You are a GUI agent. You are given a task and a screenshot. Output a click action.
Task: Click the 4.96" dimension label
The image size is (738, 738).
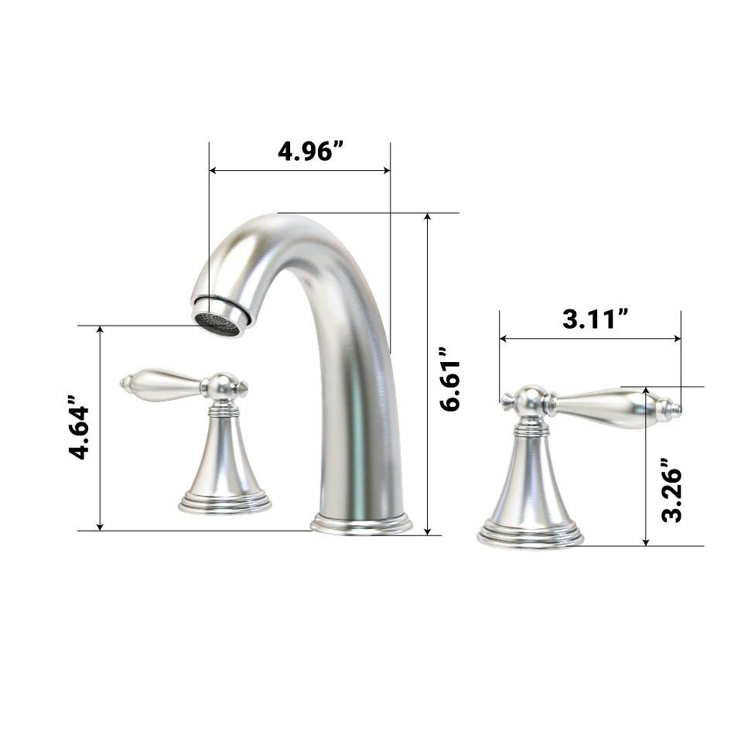309,150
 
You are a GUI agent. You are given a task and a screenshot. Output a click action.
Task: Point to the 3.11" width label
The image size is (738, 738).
594,319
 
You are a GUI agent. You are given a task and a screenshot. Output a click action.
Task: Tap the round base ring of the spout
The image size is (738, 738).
360,523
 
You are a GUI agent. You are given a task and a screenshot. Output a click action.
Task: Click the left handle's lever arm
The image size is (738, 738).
163,381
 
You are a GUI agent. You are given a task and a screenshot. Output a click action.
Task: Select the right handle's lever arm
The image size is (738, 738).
603,405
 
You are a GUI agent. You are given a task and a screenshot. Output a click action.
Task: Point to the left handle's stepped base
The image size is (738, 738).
224,504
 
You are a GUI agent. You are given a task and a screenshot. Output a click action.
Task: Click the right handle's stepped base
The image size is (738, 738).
530,535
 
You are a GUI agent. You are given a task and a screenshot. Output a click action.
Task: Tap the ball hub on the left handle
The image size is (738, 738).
223,384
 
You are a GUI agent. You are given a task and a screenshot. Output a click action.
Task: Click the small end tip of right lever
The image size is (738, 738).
676,408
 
